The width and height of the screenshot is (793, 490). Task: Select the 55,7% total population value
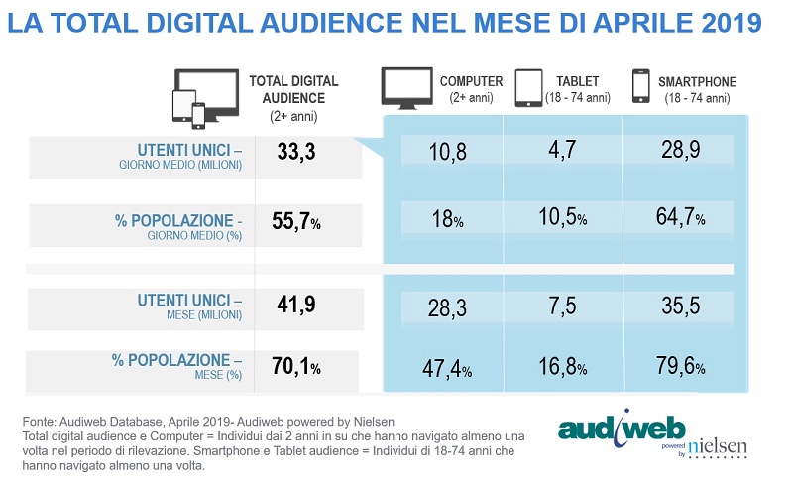coord(296,224)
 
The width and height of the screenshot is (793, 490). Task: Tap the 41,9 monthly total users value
coord(294,305)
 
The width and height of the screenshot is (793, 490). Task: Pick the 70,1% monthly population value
coord(296,369)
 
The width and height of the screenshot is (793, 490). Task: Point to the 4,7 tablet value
coord(562,151)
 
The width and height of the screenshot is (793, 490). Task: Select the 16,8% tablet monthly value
coord(562,369)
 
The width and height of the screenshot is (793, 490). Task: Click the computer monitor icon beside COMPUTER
coord(406,88)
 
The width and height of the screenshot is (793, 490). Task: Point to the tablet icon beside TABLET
coord(527,88)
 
